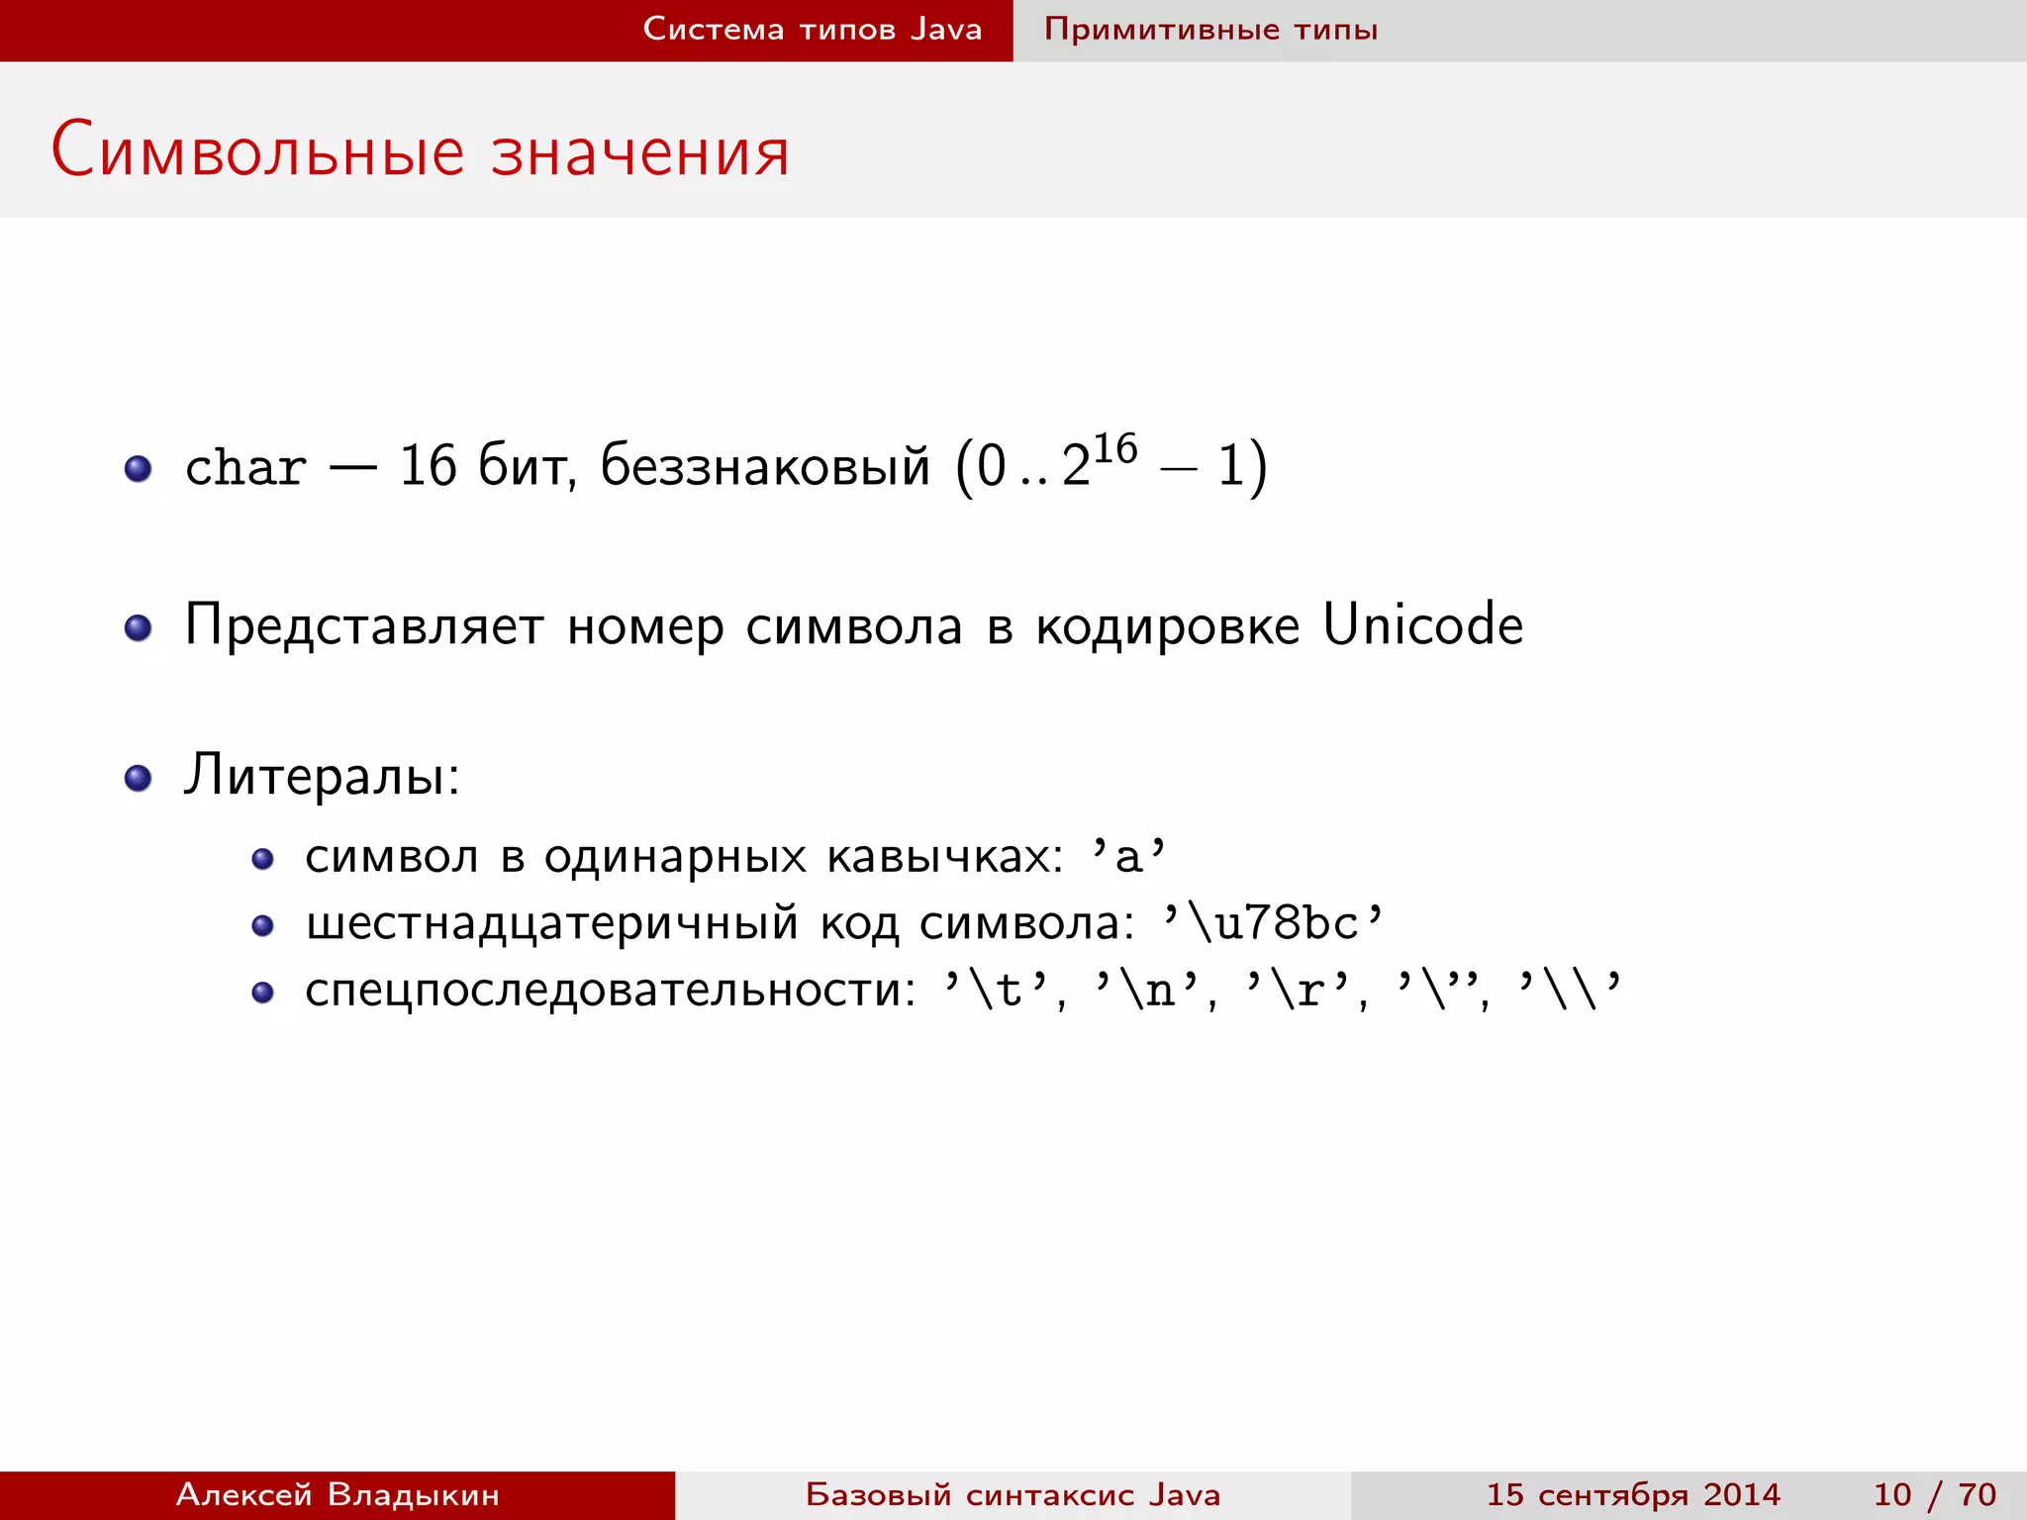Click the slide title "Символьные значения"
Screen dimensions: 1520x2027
point(420,151)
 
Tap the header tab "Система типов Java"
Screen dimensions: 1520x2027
point(812,29)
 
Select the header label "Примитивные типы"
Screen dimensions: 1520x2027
point(1210,29)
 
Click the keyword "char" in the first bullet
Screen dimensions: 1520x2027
point(245,467)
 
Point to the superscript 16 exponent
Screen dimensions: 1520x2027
point(1115,448)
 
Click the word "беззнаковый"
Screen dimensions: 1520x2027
point(765,465)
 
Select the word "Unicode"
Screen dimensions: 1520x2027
point(1422,624)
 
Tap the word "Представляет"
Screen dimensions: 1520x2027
point(364,626)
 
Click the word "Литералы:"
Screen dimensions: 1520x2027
point(322,775)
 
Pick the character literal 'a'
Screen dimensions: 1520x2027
point(1128,856)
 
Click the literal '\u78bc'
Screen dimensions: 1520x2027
point(1273,922)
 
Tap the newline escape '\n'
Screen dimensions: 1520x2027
point(1147,989)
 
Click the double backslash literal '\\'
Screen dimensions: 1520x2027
point(1570,989)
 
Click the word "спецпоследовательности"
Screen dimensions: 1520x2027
point(610,991)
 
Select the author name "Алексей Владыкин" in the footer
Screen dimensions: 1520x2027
point(338,1494)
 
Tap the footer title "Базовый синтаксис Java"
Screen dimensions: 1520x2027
point(1013,1494)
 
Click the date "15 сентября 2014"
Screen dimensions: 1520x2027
point(1633,1494)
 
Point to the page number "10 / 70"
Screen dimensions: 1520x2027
point(1934,1494)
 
